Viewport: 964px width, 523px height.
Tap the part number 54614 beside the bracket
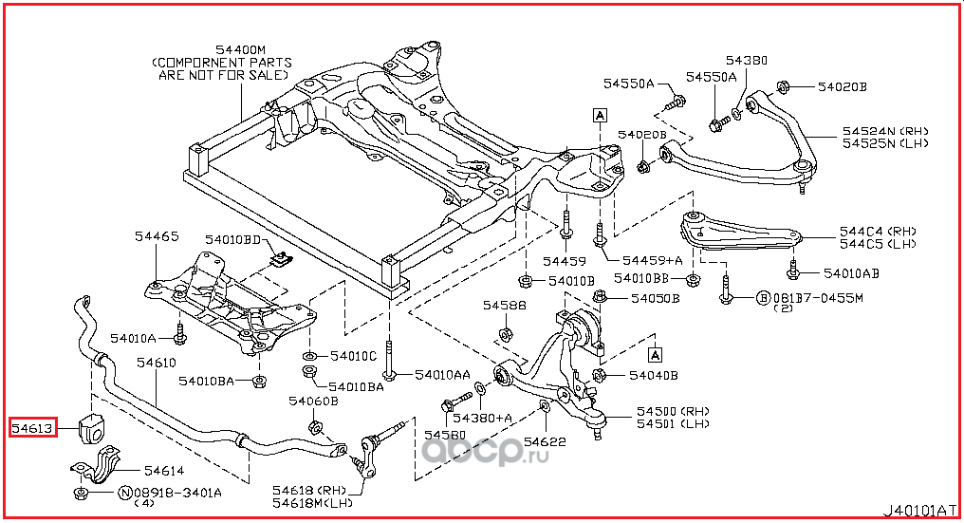163,470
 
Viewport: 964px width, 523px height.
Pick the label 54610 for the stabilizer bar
156,363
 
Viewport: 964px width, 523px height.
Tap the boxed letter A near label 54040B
655,355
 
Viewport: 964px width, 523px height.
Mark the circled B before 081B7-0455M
762,298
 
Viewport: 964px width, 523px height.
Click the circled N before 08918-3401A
124,493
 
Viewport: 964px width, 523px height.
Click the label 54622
544,441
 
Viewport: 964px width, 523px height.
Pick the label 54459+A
652,260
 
